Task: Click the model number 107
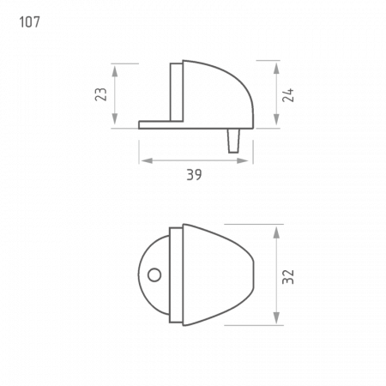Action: pyautogui.click(x=29, y=22)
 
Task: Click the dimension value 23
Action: pyautogui.click(x=100, y=94)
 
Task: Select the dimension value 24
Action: pyautogui.click(x=288, y=95)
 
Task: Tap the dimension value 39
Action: pyautogui.click(x=194, y=174)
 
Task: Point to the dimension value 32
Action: pyautogui.click(x=288, y=277)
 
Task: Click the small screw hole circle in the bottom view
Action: pyautogui.click(x=154, y=275)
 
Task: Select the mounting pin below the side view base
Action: pyautogui.click(x=233, y=141)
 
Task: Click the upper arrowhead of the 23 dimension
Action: pyautogui.click(x=115, y=70)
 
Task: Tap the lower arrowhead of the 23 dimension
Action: pyautogui.click(x=115, y=119)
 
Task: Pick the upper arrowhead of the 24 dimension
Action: pyautogui.click(x=276, y=69)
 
